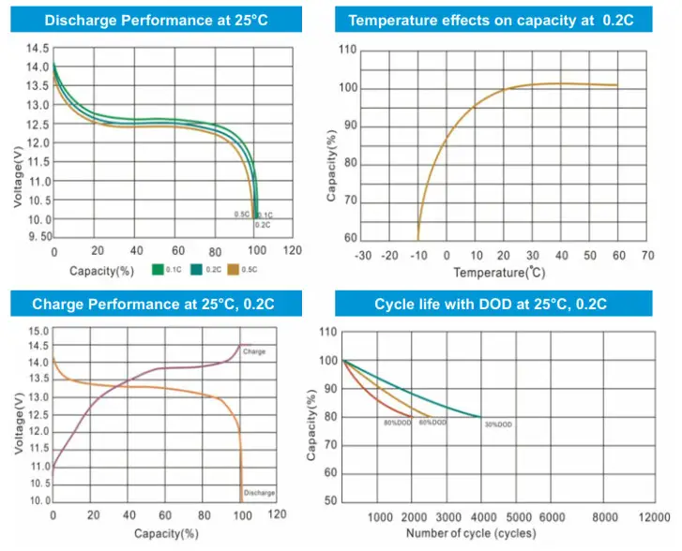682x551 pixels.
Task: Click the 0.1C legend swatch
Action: pyautogui.click(x=159, y=270)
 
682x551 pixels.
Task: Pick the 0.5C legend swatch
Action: pyautogui.click(x=235, y=270)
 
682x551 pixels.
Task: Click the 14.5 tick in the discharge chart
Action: pyautogui.click(x=38, y=48)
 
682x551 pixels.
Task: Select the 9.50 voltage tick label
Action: pyautogui.click(x=38, y=238)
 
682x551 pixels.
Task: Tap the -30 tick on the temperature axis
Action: pyautogui.click(x=364, y=255)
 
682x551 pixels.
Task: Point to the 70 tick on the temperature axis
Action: pyautogui.click(x=647, y=255)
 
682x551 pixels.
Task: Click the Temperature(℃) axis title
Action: pyautogui.click(x=499, y=272)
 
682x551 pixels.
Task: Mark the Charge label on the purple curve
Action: pyautogui.click(x=254, y=351)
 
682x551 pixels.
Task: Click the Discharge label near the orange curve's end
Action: pyautogui.click(x=258, y=492)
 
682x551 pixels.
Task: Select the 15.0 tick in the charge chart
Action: pyautogui.click(x=38, y=331)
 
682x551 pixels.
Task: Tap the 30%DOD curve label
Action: pyautogui.click(x=498, y=424)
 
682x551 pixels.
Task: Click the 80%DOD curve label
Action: pyautogui.click(x=397, y=423)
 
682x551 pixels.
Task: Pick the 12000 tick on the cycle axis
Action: pyautogui.click(x=655, y=517)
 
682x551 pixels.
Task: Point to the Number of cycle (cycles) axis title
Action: pyautogui.click(x=471, y=533)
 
